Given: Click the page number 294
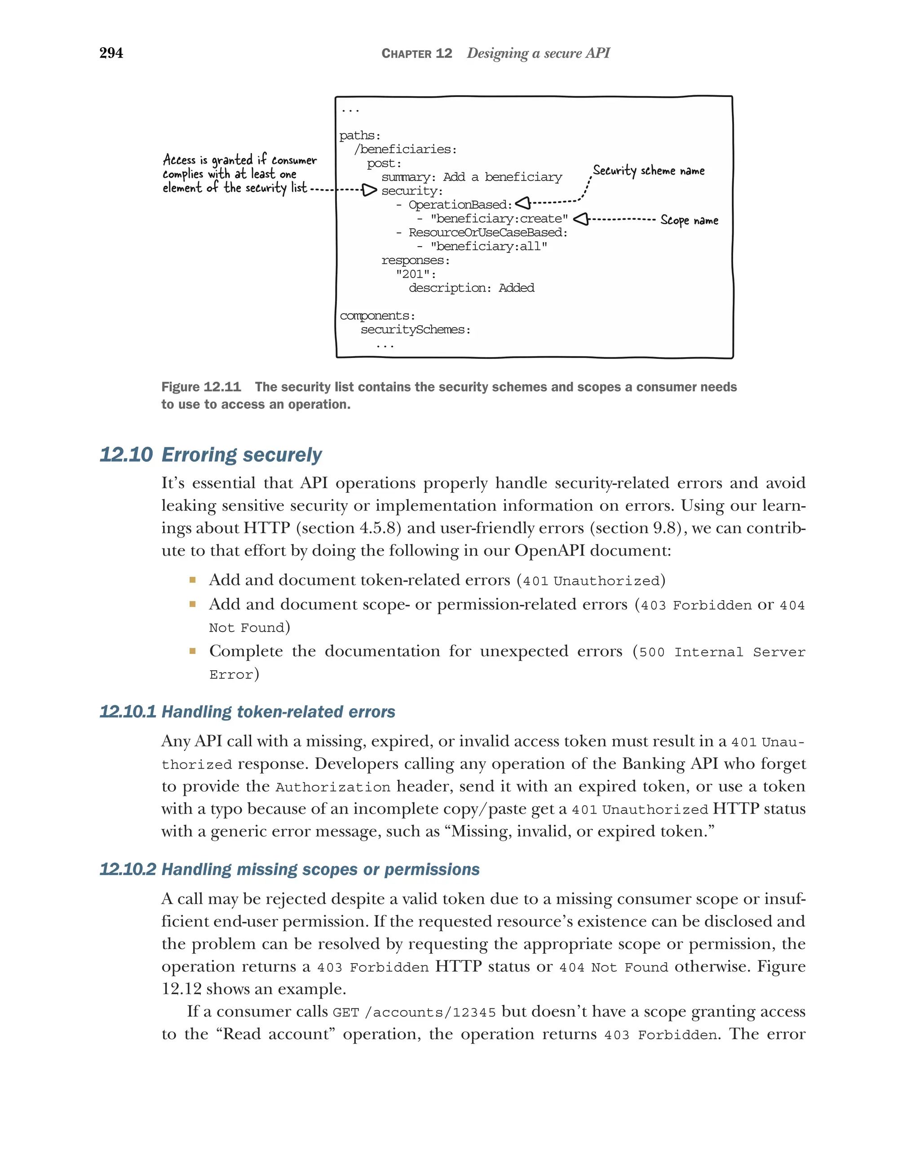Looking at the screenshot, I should coord(111,53).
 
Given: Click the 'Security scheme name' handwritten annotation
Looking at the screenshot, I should coord(648,171).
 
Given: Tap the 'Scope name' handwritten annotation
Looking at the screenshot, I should coord(689,220).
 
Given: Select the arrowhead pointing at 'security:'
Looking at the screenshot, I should coord(369,190).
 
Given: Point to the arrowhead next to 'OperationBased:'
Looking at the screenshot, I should coord(523,203).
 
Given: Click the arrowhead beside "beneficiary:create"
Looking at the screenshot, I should coord(581,219).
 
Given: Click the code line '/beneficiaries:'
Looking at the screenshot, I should coord(405,149).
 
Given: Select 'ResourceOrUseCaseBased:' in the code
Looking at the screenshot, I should coord(487,233).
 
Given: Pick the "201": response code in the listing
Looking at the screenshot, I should coord(416,274).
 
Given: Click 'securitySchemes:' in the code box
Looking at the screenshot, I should coord(416,330).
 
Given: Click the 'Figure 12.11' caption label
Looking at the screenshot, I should coord(201,387).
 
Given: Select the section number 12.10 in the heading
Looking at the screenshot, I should coord(126,455).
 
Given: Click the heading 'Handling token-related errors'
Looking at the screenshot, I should coord(278,712).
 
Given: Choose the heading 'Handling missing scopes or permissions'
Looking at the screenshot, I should coord(320,870).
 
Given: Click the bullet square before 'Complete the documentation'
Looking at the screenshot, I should coord(192,651).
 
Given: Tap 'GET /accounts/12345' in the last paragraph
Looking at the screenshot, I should coord(414,1013).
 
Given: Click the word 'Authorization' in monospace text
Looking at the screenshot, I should coord(332,787).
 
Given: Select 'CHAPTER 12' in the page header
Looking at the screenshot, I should coord(416,53).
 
